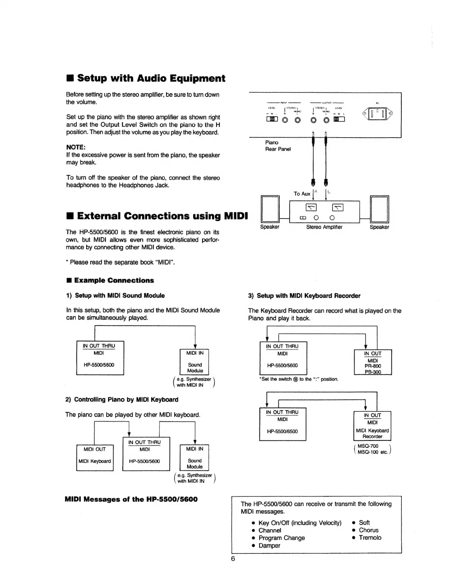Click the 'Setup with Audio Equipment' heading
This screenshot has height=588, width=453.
(x=146, y=78)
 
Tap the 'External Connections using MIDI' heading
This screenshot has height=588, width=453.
(x=157, y=216)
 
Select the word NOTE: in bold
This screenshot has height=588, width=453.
(x=76, y=147)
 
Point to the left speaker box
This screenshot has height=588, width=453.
(x=270, y=209)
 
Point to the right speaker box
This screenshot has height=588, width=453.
(x=380, y=209)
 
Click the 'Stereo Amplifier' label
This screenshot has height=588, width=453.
(x=324, y=227)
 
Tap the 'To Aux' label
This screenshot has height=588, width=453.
(x=302, y=194)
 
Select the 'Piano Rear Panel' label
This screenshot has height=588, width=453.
(x=278, y=146)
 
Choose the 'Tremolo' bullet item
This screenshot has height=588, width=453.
(x=370, y=538)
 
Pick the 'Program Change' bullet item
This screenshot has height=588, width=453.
(x=282, y=538)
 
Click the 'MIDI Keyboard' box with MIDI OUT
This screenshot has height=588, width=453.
(x=94, y=457)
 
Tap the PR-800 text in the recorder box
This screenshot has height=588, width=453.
(x=373, y=366)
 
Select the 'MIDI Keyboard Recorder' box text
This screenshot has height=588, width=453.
(x=372, y=433)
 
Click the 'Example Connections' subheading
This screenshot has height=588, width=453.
(x=114, y=280)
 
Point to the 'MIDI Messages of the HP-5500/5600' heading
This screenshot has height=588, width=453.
(x=131, y=499)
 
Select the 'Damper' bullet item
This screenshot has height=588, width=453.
(x=269, y=546)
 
